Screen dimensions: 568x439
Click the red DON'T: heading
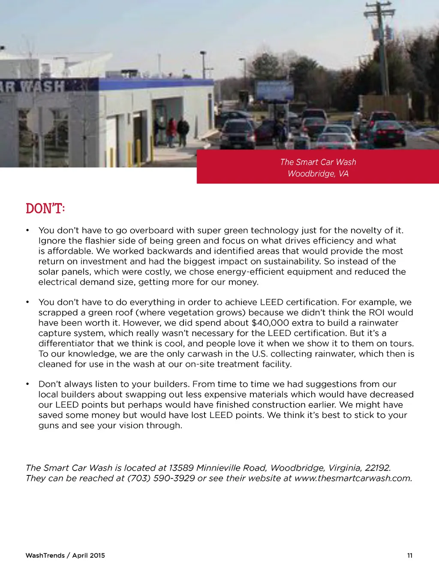(x=45, y=209)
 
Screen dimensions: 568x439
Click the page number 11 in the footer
(x=410, y=556)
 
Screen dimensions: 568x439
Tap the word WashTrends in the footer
(x=45, y=556)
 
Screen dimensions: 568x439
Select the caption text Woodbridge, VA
(x=318, y=174)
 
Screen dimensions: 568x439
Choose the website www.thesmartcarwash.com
(x=353, y=478)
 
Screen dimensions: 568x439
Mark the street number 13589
(x=181, y=468)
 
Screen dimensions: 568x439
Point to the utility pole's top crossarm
(x=379, y=7)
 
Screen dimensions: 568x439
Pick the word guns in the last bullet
(x=48, y=426)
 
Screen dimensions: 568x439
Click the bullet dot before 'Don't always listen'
(x=27, y=384)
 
